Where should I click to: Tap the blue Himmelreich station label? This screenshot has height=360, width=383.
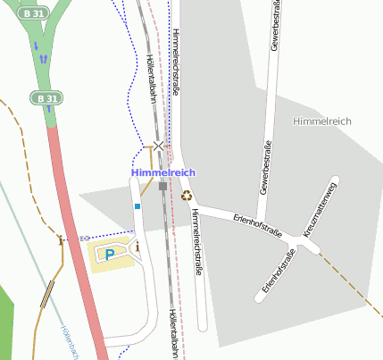click(162, 172)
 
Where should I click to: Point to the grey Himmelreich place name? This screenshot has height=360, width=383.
click(322, 120)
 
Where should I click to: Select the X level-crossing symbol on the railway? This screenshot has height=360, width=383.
click(159, 145)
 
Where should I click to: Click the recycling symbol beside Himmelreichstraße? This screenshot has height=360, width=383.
click(187, 196)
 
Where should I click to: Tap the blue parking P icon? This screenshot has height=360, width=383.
click(110, 255)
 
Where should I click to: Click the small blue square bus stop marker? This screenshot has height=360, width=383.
click(137, 206)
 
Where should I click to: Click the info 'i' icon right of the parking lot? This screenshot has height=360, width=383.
click(137, 247)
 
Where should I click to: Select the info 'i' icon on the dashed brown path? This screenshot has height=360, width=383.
click(61, 239)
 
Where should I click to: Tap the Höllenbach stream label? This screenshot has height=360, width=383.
click(68, 343)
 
